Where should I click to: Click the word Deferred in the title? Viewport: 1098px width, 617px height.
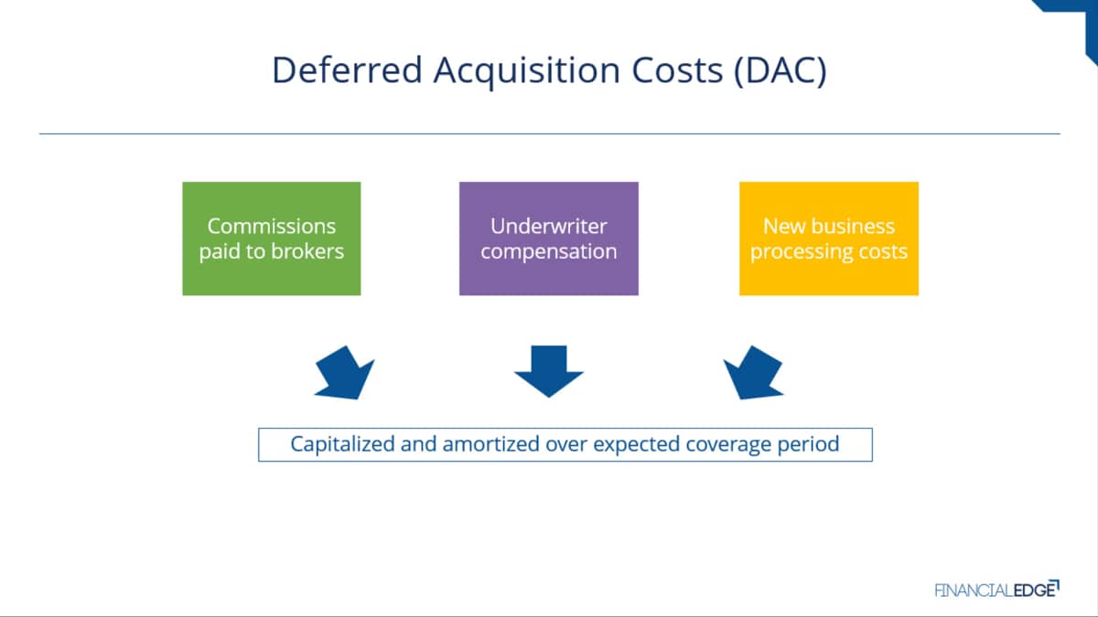tap(347, 69)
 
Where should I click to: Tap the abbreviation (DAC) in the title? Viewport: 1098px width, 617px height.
tap(780, 71)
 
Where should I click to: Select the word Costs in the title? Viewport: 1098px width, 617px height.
tap(677, 70)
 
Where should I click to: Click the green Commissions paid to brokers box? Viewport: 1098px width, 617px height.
tap(272, 239)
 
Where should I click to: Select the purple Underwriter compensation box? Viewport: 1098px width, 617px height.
tap(548, 239)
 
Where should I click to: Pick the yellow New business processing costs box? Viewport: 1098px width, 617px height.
tap(829, 239)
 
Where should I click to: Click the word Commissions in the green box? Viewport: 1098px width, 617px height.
tap(272, 227)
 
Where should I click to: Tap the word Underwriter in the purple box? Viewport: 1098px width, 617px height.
tap(548, 227)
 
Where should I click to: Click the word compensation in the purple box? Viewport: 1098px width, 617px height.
tap(548, 252)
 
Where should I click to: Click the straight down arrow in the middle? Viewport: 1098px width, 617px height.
tap(548, 371)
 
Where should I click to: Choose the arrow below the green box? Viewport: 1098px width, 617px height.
tap(345, 373)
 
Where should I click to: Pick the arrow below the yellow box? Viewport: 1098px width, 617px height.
tap(753, 373)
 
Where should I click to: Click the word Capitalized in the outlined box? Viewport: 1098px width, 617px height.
tap(342, 444)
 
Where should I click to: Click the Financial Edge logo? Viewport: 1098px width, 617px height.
tap(997, 589)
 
